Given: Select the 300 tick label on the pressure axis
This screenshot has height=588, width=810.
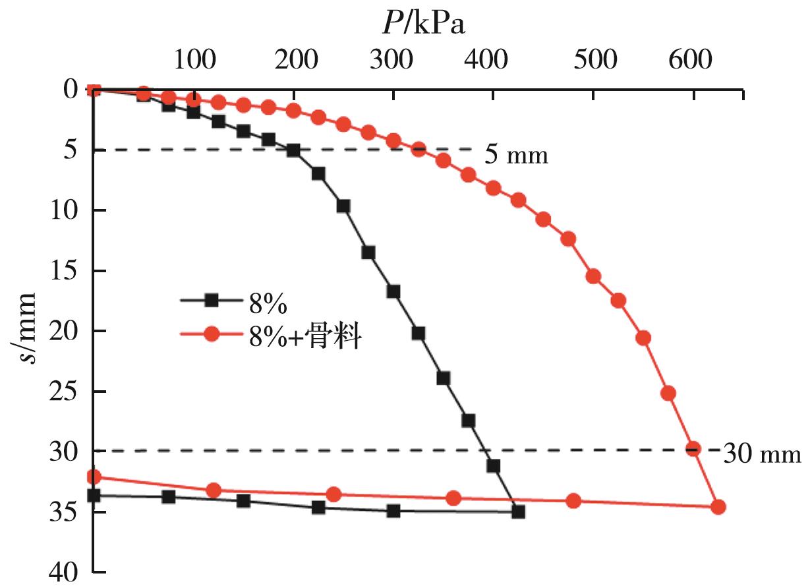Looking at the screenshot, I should point(393,60).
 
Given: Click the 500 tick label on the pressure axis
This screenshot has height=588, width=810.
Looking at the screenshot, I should point(593,60).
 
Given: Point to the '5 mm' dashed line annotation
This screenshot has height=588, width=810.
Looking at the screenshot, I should point(516,156).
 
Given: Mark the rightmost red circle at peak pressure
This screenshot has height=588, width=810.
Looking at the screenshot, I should point(718,507).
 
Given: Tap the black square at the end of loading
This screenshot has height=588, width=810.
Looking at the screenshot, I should point(518,511).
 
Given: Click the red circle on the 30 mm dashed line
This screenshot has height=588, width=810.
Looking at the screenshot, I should point(693,449).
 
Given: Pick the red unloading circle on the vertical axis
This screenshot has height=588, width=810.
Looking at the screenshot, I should point(94,476).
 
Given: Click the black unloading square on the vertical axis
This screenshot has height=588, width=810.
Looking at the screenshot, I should point(94,495).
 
